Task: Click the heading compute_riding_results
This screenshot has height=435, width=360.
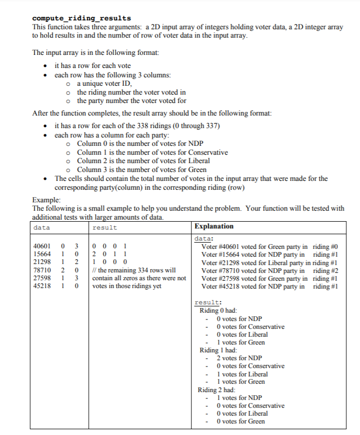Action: (82, 19)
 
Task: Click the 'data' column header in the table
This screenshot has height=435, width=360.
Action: (41, 227)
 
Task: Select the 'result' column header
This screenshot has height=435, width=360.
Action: (104, 227)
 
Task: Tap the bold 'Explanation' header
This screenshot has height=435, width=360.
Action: (214, 226)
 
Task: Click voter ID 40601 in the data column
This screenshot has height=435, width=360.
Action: (41, 247)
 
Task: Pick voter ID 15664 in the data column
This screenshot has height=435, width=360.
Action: (41, 255)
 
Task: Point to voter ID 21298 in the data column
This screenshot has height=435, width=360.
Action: (41, 262)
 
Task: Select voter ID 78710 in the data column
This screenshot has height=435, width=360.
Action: (41, 270)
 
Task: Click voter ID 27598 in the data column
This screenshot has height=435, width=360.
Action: (41, 278)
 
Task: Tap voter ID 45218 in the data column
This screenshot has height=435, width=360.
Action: (41, 286)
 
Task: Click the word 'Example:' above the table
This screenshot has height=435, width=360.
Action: (47, 200)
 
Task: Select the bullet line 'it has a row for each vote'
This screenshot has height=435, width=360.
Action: (93, 66)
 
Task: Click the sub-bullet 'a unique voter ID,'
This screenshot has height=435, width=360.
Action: (105, 84)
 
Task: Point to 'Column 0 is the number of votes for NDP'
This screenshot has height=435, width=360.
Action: (140, 144)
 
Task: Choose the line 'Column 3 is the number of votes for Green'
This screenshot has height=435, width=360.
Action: (141, 169)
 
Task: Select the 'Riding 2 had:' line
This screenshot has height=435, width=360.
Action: (217, 390)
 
